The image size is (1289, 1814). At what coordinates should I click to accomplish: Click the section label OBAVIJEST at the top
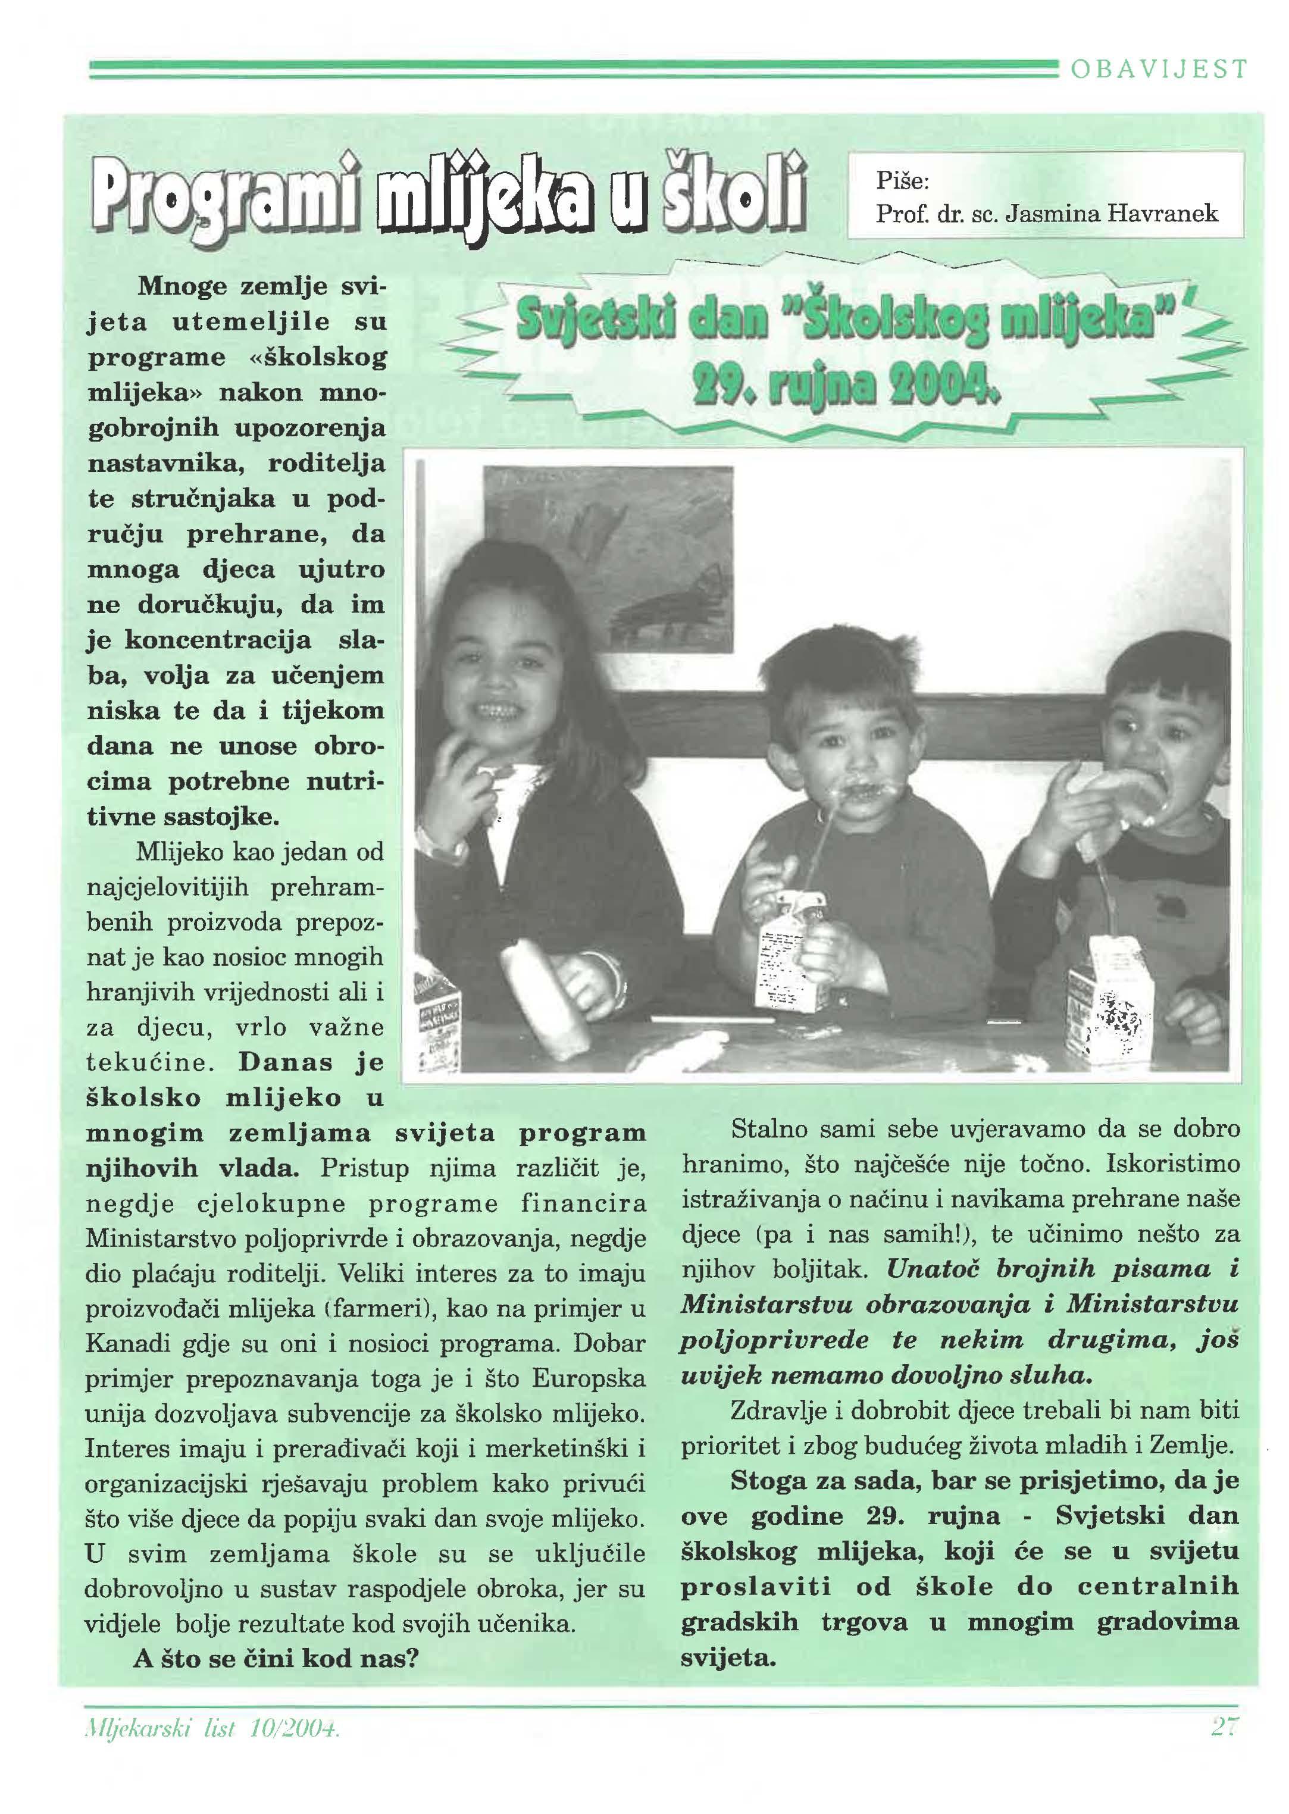click(x=1158, y=70)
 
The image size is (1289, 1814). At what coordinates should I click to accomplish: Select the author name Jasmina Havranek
click(x=1111, y=214)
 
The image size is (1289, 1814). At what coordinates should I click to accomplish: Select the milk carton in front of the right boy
click(x=1108, y=1002)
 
